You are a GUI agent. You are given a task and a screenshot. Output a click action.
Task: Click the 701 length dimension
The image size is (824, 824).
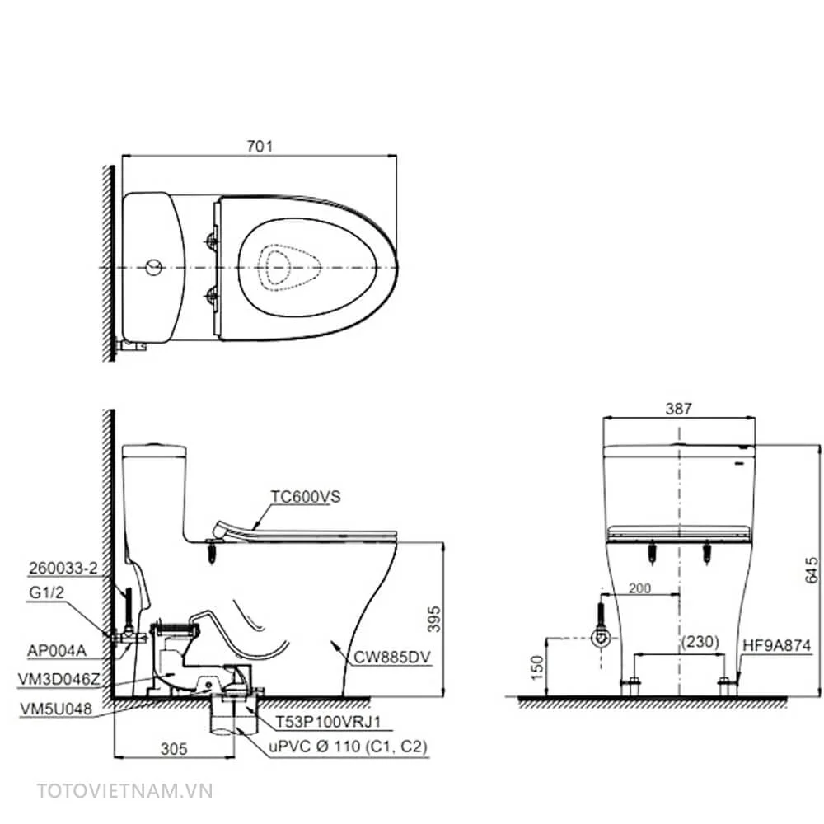click(260, 146)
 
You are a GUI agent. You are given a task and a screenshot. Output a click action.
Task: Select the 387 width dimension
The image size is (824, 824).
click(678, 409)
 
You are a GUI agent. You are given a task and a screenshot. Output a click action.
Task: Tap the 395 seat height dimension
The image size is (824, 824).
click(434, 619)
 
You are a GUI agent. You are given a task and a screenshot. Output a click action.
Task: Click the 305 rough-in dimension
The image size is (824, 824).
click(173, 748)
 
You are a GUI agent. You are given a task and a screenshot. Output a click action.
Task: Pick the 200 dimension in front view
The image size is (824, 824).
click(639, 588)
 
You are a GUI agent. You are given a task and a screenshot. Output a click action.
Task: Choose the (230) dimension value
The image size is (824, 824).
click(700, 642)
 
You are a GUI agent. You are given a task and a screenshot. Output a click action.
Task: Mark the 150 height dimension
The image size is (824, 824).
click(536, 667)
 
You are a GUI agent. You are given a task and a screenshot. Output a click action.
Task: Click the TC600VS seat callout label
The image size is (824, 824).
click(306, 497)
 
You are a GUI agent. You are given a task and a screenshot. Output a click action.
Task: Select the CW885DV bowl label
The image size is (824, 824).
click(392, 657)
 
